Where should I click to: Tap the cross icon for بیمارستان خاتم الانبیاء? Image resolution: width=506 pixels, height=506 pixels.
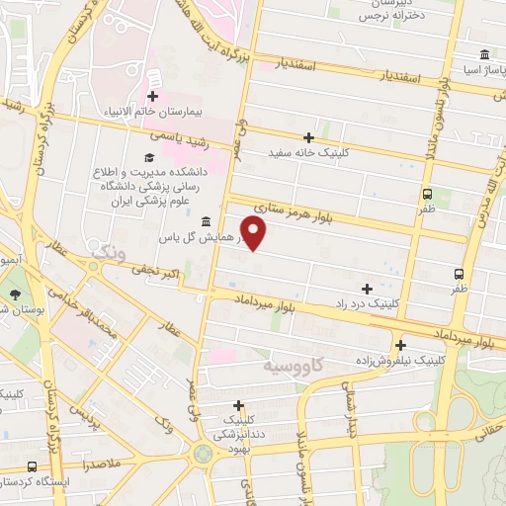click(x=153, y=96)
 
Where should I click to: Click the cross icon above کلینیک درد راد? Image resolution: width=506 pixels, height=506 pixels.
click(x=368, y=289)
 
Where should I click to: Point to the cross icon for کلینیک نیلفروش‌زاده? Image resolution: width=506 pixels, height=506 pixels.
click(x=400, y=345)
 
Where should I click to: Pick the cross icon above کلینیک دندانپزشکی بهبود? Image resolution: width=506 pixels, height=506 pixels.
click(x=238, y=404)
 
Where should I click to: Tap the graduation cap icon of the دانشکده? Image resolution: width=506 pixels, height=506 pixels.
click(x=149, y=156)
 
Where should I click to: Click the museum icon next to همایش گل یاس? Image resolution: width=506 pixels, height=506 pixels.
click(x=205, y=220)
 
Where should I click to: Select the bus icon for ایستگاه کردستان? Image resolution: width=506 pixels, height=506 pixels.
click(x=33, y=466)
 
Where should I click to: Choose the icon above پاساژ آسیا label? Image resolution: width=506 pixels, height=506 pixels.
click(x=483, y=54)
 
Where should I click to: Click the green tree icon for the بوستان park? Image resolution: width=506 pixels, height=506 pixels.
click(x=15, y=295)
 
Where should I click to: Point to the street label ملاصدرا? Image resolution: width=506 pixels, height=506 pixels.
click(x=102, y=462)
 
